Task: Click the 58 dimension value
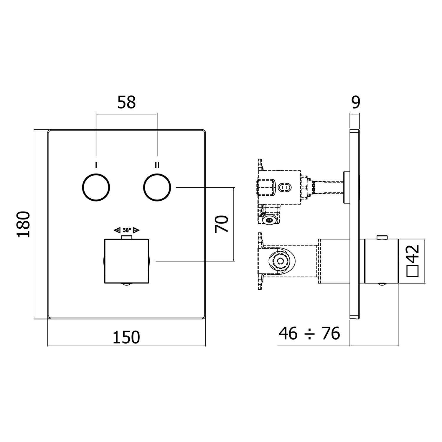(126, 103)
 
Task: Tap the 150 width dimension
(126, 337)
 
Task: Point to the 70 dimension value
(222, 224)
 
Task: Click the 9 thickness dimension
(356, 103)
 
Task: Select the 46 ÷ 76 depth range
(309, 333)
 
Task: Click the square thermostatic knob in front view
(127, 261)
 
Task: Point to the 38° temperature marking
(127, 230)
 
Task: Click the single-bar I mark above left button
(96, 165)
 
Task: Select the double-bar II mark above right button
(157, 165)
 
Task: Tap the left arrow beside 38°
(117, 230)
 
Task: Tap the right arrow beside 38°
(136, 230)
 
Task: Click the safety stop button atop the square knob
(127, 238)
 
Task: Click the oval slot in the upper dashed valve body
(285, 187)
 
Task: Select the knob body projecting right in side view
(382, 261)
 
